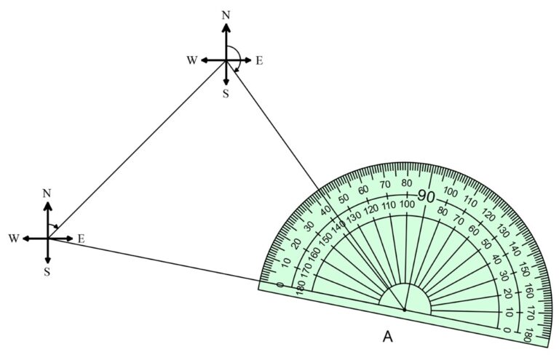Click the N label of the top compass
[226, 15]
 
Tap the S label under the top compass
[226, 94]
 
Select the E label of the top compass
[259, 61]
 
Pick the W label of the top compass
[192, 60]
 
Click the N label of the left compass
[47, 193]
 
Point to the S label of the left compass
[47, 272]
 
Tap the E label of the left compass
[81, 239]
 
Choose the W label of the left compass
[14, 239]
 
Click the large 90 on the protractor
[426, 196]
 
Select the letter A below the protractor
[387, 337]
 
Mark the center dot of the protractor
[404, 310]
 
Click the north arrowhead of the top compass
[226, 28]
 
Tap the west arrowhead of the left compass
[26, 239]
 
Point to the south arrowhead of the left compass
[48, 259]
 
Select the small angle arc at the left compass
[53, 225]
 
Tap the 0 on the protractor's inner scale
[507, 329]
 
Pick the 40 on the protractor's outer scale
[325, 211]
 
